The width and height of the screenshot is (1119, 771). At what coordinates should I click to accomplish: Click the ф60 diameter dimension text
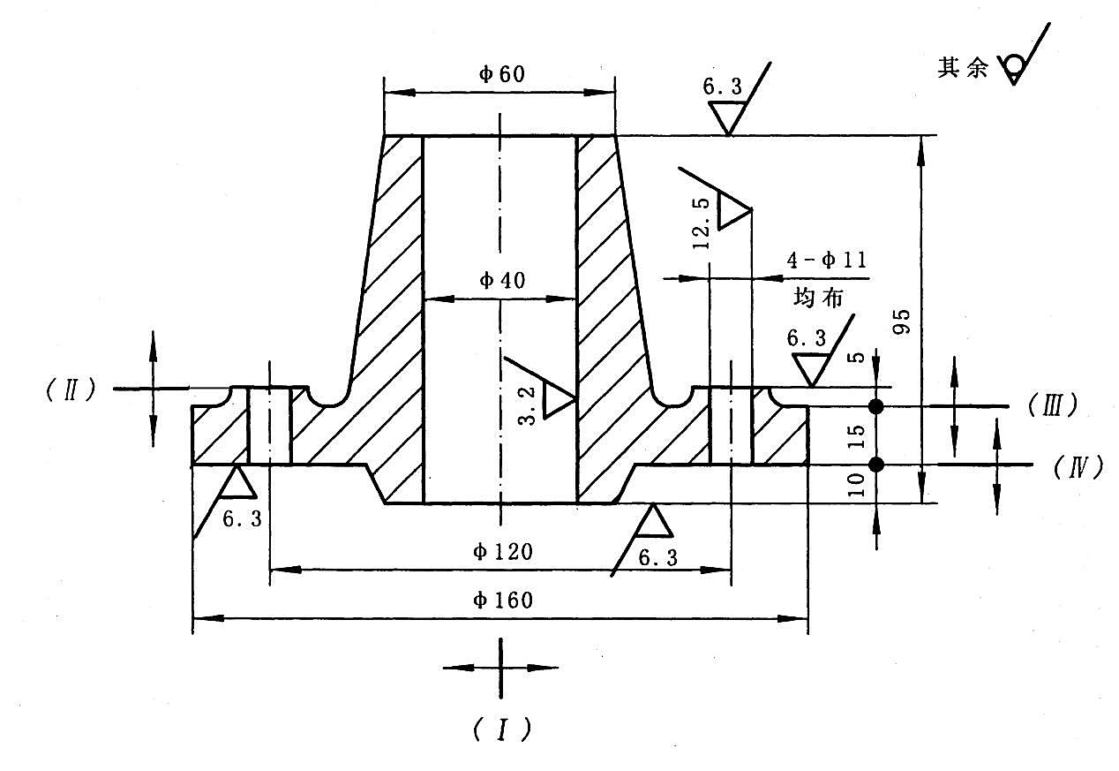(501, 74)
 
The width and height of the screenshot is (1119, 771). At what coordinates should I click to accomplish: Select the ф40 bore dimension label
(502, 281)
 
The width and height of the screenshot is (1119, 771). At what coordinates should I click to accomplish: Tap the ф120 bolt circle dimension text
(502, 552)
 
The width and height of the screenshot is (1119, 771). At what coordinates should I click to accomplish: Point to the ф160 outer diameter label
(502, 601)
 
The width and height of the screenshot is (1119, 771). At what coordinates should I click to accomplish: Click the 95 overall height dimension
(902, 321)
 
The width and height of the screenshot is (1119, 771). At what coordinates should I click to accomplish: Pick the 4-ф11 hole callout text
(826, 261)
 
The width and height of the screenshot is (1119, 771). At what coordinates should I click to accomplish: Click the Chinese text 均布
(818, 298)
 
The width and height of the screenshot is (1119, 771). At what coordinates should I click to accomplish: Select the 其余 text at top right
(963, 67)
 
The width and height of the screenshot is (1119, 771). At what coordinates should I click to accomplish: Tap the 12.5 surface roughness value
(701, 223)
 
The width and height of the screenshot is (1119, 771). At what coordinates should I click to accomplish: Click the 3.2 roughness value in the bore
(526, 406)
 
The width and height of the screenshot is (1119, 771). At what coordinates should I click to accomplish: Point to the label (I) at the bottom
(501, 729)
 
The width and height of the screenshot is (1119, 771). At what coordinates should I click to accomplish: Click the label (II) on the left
(71, 389)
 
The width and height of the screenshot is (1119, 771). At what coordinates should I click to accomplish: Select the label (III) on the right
(1053, 405)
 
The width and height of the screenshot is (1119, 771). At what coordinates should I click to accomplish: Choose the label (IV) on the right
(1078, 468)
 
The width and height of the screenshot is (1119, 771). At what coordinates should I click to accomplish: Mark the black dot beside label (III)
(875, 406)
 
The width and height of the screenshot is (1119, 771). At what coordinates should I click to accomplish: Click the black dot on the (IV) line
(875, 465)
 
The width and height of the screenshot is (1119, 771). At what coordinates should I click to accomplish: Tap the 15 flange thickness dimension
(856, 436)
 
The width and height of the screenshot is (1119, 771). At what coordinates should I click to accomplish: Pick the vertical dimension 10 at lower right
(856, 485)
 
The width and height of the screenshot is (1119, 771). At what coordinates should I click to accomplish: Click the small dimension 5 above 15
(857, 357)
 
